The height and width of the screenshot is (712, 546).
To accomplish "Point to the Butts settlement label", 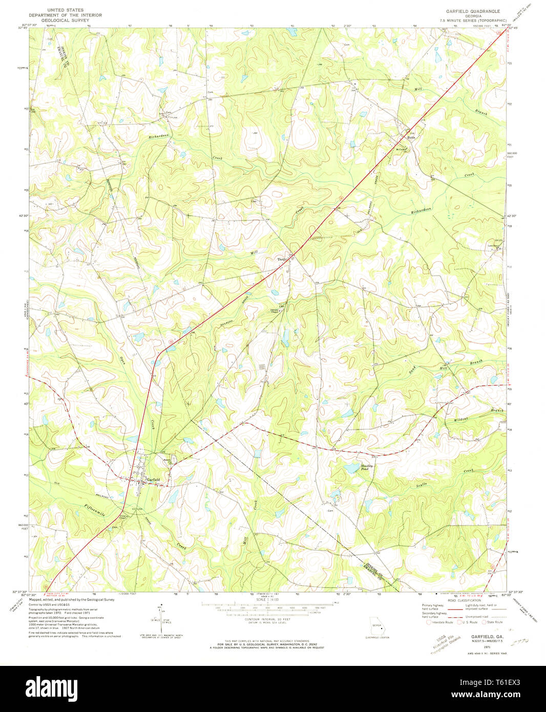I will [411, 137].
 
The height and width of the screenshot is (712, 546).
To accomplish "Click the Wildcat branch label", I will [461, 420].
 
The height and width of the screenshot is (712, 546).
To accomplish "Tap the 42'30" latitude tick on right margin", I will [513, 216].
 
